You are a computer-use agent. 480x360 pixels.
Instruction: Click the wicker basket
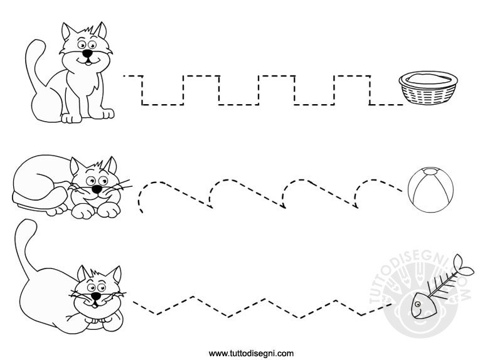click(428, 87)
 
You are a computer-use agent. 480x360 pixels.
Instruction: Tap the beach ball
click(430, 189)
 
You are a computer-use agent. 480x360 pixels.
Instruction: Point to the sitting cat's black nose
click(88, 53)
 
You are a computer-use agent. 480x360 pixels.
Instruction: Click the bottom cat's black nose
click(96, 296)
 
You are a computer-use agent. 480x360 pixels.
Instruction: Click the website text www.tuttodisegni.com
click(251, 354)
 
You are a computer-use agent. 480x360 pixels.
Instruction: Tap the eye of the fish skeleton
click(417, 304)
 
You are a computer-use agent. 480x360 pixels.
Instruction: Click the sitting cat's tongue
click(88, 63)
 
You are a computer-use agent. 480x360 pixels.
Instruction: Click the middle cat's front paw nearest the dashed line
click(109, 209)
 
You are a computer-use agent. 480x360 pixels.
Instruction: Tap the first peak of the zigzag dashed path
click(193, 297)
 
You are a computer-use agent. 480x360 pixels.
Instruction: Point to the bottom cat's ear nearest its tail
click(83, 273)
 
